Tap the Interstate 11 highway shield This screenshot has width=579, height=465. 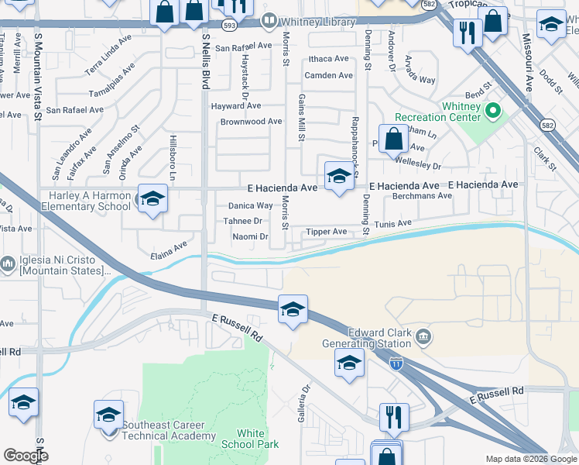pos(396,363)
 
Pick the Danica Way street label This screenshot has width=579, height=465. pos(250,206)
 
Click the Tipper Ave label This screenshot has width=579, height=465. pos(326,232)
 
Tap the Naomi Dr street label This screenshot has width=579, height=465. pos(250,237)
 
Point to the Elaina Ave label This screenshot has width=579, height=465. pos(170,250)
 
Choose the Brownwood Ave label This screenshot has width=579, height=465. pos(251,122)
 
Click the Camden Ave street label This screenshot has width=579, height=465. pos(328,75)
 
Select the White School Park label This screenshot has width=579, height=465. pos(249,439)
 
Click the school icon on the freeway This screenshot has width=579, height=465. pos(293,310)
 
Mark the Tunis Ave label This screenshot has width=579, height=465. pos(393,223)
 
